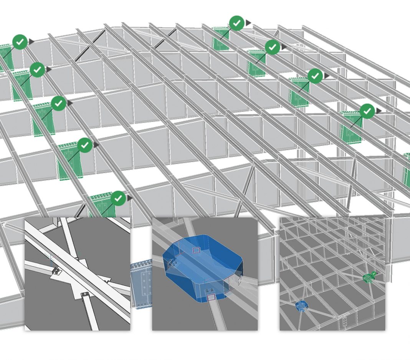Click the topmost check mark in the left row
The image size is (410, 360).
pos(20,42)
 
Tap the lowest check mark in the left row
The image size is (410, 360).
pos(118,198)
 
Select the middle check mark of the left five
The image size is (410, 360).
pos(59,103)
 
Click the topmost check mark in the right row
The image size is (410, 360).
pos(237,23)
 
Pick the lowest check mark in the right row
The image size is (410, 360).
pos(367,111)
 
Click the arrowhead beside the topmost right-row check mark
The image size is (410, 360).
pos(248,23)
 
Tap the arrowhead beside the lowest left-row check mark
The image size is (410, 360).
pos(130,198)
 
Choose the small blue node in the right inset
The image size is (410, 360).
pos(301,306)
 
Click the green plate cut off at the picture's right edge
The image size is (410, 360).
pos(406,169)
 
